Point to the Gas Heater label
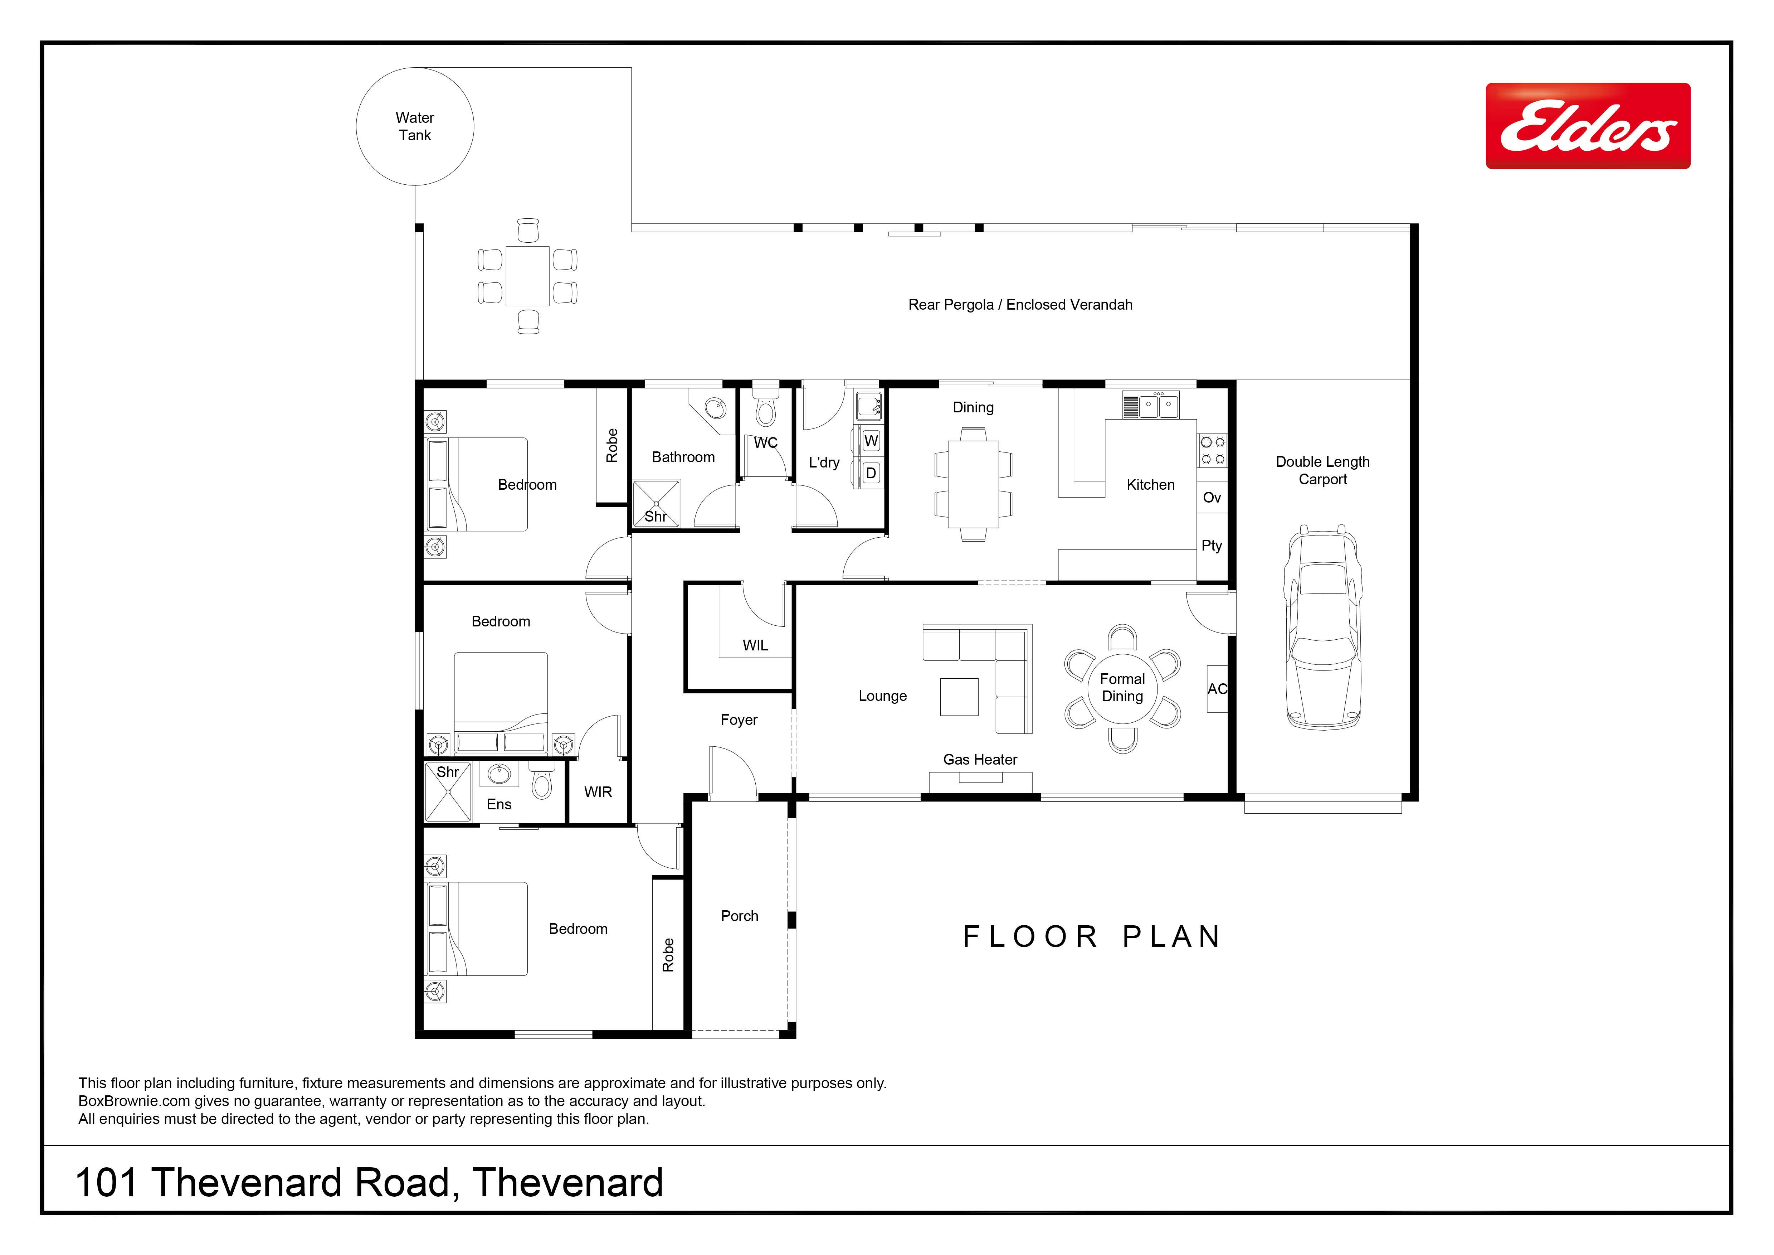(980, 760)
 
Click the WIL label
(755, 645)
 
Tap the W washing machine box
(871, 441)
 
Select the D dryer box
(871, 473)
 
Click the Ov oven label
(1212, 498)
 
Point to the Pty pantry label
(1212, 546)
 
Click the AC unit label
(1217, 689)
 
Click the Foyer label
(739, 719)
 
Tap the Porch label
(740, 916)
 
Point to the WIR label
(598, 792)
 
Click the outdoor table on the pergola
(528, 276)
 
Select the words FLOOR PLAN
(1092, 937)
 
